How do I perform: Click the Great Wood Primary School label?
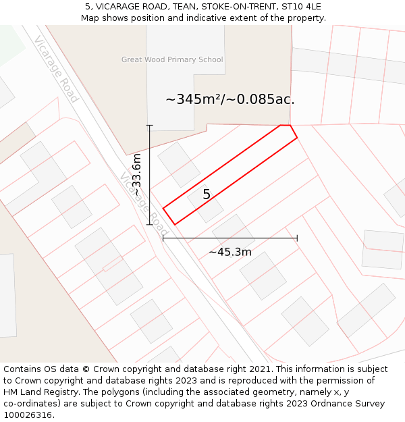(172, 59)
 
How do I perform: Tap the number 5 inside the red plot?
(207, 194)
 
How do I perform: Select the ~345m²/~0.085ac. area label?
(230, 99)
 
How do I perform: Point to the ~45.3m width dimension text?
(230, 252)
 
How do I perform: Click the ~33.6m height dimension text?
(136, 175)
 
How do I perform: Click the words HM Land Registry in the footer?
(39, 392)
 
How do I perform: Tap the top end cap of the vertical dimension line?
(150, 125)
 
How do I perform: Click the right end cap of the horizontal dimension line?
(297, 238)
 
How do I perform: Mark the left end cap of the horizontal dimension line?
(163, 238)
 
